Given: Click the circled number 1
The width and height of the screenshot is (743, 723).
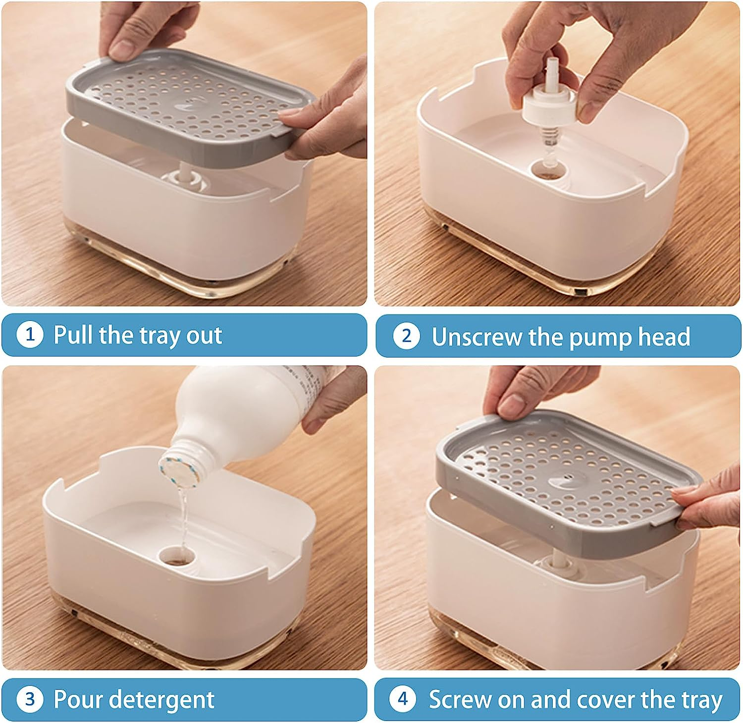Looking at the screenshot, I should (x=30, y=335).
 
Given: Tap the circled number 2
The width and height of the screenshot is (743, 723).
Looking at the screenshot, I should (x=406, y=336).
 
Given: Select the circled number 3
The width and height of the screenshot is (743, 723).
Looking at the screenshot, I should (x=30, y=699).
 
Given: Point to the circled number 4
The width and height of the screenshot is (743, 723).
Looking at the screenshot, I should (x=403, y=699).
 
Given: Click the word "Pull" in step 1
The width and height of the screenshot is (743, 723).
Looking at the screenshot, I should (x=74, y=335).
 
